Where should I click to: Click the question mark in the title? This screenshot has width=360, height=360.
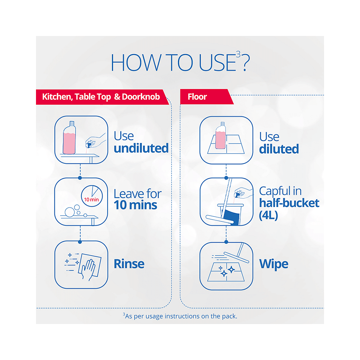pos(246,63)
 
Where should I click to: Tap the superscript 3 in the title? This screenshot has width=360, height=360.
pos(238,54)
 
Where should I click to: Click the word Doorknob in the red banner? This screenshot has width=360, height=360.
pos(141,96)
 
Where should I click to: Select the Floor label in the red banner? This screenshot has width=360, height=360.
pos(197,96)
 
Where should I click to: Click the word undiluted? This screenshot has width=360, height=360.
pos(141,148)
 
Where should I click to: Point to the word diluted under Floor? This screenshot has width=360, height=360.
pos(279,149)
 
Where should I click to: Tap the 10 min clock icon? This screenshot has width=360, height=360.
pos(92,196)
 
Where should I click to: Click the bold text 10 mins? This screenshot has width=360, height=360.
pos(135,205)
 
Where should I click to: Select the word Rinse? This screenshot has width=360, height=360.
pos(129,264)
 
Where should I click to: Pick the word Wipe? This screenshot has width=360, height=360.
pos(274,264)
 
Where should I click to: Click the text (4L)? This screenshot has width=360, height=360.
pos(269,215)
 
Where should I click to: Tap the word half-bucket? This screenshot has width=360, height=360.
pos(289,203)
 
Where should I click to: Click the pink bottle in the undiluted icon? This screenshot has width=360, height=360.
pos(69,138)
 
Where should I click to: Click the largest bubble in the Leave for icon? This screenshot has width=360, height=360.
pos(69,212)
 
